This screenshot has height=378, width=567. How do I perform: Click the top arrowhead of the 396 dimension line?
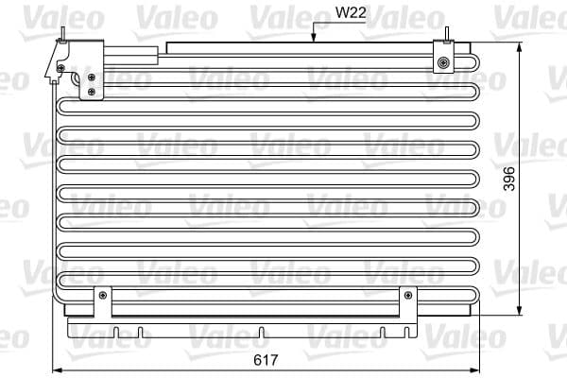(x=521, y=46)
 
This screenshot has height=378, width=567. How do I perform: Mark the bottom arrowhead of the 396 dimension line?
(x=521, y=316)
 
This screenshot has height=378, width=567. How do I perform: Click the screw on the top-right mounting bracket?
(x=443, y=63)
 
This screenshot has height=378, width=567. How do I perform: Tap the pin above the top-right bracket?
(x=445, y=34)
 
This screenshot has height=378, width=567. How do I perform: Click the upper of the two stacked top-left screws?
(x=91, y=77)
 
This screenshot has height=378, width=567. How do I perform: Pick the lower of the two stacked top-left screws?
(x=91, y=91)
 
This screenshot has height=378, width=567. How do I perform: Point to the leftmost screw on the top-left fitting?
(x=61, y=68)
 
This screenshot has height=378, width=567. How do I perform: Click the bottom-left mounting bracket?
(x=102, y=302)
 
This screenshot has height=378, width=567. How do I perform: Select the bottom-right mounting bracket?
(x=407, y=302)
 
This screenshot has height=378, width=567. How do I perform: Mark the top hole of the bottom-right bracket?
(x=407, y=295)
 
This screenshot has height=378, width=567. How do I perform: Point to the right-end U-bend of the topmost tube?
(x=476, y=63)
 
